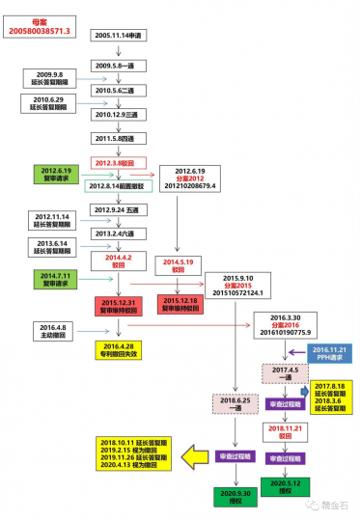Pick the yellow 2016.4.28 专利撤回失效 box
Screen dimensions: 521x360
click(x=122, y=348)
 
